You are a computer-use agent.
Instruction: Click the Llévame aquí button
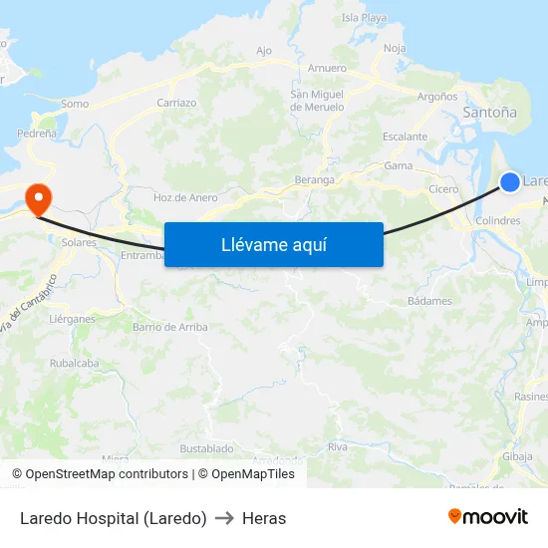click(274, 244)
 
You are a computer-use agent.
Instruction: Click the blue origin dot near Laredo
click(509, 181)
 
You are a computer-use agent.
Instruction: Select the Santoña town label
click(490, 114)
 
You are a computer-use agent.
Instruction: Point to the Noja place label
click(395, 48)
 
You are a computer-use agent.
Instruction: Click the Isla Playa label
click(364, 18)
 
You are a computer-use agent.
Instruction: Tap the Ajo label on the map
click(264, 51)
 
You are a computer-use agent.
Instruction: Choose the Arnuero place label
click(327, 69)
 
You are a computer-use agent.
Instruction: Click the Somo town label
click(75, 104)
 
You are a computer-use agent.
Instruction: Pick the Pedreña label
click(36, 133)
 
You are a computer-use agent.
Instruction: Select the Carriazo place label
click(176, 103)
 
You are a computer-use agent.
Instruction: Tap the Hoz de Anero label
click(185, 197)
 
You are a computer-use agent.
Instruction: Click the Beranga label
click(315, 180)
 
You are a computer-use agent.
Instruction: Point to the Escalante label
click(406, 137)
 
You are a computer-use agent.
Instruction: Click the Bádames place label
click(429, 301)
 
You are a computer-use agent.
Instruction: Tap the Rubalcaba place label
click(75, 364)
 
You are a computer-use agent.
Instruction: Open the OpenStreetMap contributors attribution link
click(107, 474)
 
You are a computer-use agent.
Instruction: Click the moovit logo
click(488, 517)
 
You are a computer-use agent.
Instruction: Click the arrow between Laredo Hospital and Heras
click(224, 518)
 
